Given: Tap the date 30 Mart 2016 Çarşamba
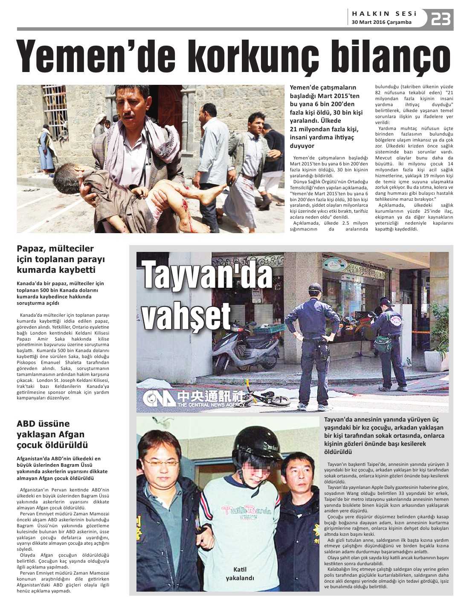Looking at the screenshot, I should (381, 22).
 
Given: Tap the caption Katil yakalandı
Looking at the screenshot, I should (240, 574).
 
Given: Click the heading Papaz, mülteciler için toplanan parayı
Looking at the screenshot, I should (61, 259).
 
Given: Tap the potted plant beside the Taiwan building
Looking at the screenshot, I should (438, 341).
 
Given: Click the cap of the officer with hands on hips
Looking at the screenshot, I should (315, 287).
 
